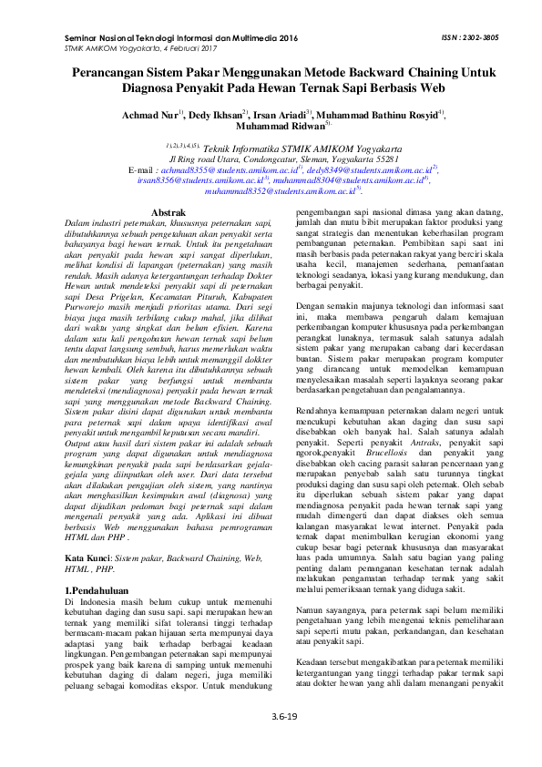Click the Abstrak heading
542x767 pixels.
click(x=168, y=211)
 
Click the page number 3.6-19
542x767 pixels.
click(x=271, y=742)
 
